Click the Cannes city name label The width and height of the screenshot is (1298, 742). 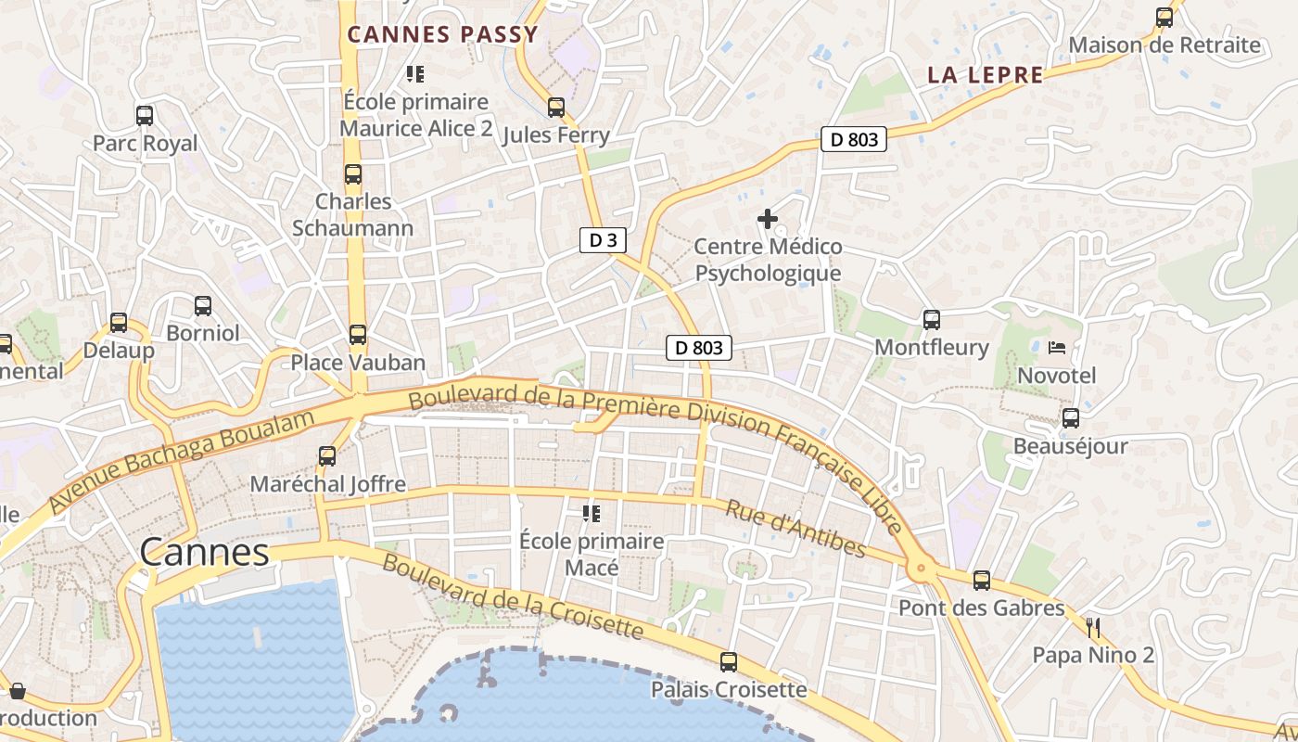coord(204,553)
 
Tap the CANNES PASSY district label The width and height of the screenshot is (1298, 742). coord(442,35)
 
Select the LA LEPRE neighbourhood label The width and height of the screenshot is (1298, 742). coord(986,76)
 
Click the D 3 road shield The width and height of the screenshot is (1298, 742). coord(603,240)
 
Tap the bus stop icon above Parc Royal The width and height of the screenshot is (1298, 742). coord(145,116)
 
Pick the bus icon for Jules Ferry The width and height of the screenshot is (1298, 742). coord(556,108)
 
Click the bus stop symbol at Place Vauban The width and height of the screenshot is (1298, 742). coord(358,335)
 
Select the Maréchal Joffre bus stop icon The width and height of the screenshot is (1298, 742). coord(327,456)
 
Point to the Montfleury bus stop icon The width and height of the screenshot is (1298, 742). coord(932,320)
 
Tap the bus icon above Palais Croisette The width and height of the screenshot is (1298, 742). coord(729,662)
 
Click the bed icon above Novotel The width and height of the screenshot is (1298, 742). coord(1056,349)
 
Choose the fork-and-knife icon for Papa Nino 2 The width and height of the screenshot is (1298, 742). coord(1093,628)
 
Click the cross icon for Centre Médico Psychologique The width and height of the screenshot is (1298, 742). coord(768,219)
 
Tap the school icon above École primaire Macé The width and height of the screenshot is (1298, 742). coord(591,513)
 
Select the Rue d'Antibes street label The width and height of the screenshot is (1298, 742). coord(795,529)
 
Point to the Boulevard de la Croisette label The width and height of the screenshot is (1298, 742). coord(513,597)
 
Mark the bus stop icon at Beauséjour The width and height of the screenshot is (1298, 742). coord(1071,418)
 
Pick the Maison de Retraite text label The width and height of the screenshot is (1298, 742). coord(1164,45)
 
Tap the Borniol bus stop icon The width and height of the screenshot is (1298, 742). coord(203,305)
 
